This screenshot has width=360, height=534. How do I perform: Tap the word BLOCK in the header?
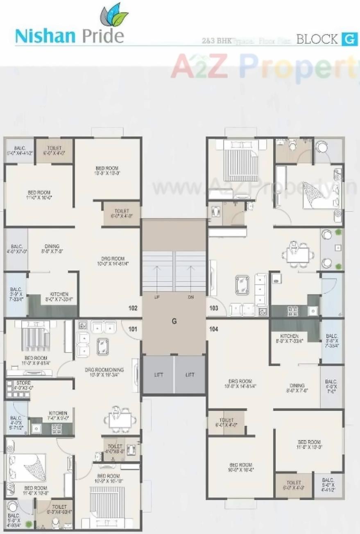(317, 40)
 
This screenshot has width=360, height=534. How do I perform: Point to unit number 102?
(133, 308)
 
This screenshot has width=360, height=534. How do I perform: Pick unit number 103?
(214, 308)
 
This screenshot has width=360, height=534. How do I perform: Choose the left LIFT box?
(158, 375)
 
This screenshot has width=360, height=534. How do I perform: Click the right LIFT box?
(190, 375)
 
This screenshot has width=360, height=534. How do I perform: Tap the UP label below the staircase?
(157, 296)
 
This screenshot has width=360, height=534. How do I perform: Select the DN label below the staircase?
(190, 296)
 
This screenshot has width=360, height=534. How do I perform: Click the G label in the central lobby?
(174, 321)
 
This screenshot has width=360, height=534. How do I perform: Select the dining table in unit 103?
(297, 255)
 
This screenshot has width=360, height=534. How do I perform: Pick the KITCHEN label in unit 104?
(290, 336)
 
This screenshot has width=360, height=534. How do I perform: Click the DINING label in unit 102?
(52, 247)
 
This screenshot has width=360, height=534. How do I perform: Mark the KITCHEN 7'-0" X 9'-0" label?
(58, 413)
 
